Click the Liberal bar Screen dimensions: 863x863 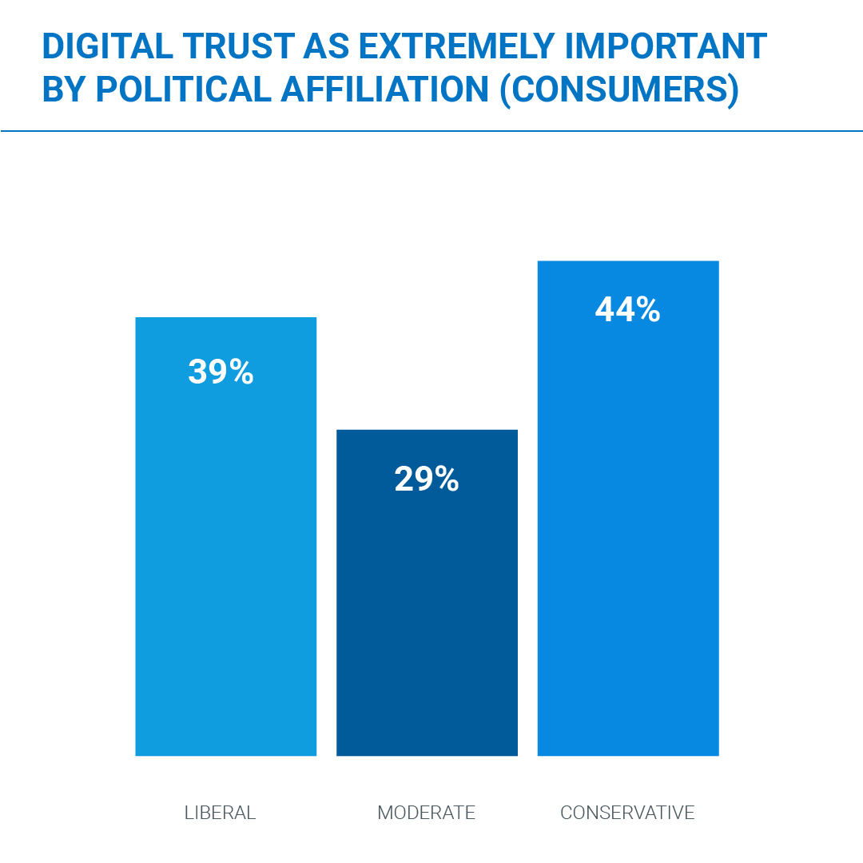click(226, 559)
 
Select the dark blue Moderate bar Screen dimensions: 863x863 click(427, 615)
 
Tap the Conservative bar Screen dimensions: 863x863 click(628, 543)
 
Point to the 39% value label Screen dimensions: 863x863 click(221, 372)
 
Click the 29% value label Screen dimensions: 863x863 click(427, 479)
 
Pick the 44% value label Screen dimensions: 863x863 click(628, 310)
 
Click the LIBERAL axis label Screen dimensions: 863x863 click(221, 813)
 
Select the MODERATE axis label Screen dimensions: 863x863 click(427, 813)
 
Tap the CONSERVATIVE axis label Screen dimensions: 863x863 click(627, 813)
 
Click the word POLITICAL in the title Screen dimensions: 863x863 click(182, 89)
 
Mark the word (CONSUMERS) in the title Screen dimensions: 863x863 click(618, 90)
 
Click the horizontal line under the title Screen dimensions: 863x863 click(431, 130)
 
